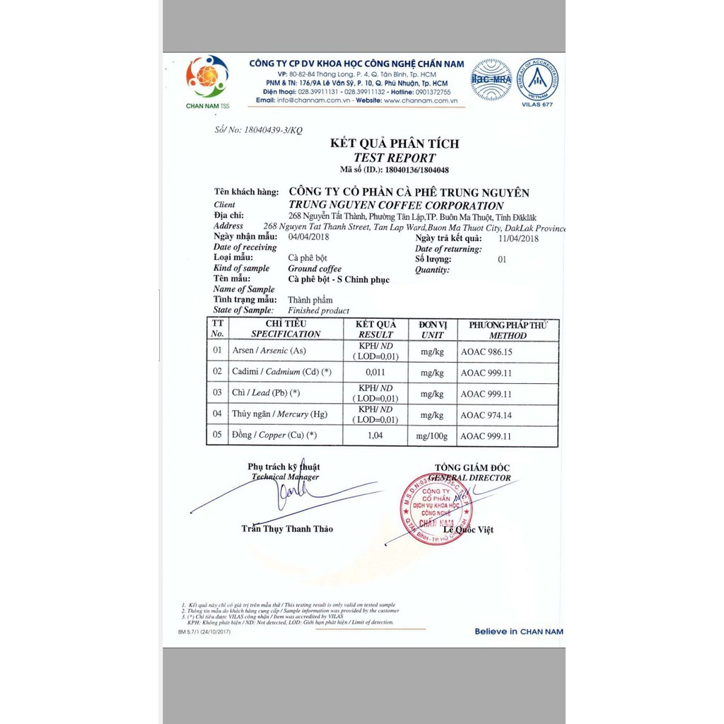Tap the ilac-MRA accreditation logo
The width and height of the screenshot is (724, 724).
[x=491, y=78]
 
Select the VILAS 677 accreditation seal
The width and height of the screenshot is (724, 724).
[x=537, y=78]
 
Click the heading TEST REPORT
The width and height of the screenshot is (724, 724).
[x=395, y=158]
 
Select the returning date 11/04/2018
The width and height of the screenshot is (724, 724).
[x=518, y=238]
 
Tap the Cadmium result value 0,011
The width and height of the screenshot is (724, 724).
[x=375, y=373]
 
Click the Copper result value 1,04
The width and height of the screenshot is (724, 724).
[x=375, y=436]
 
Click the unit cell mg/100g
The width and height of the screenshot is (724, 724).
[x=432, y=436]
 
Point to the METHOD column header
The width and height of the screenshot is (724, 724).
[x=508, y=336]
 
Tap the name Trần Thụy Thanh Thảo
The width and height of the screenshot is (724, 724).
[x=287, y=529]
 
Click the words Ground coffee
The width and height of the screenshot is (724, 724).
[x=315, y=269]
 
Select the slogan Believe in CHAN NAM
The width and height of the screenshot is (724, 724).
[x=518, y=631]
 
